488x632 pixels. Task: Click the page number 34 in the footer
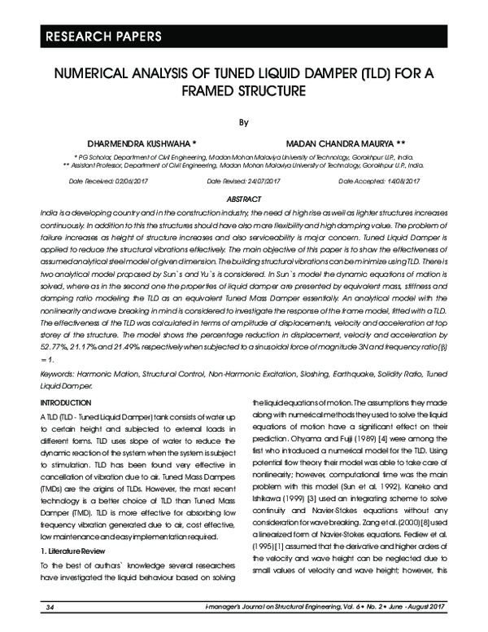point(50,607)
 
